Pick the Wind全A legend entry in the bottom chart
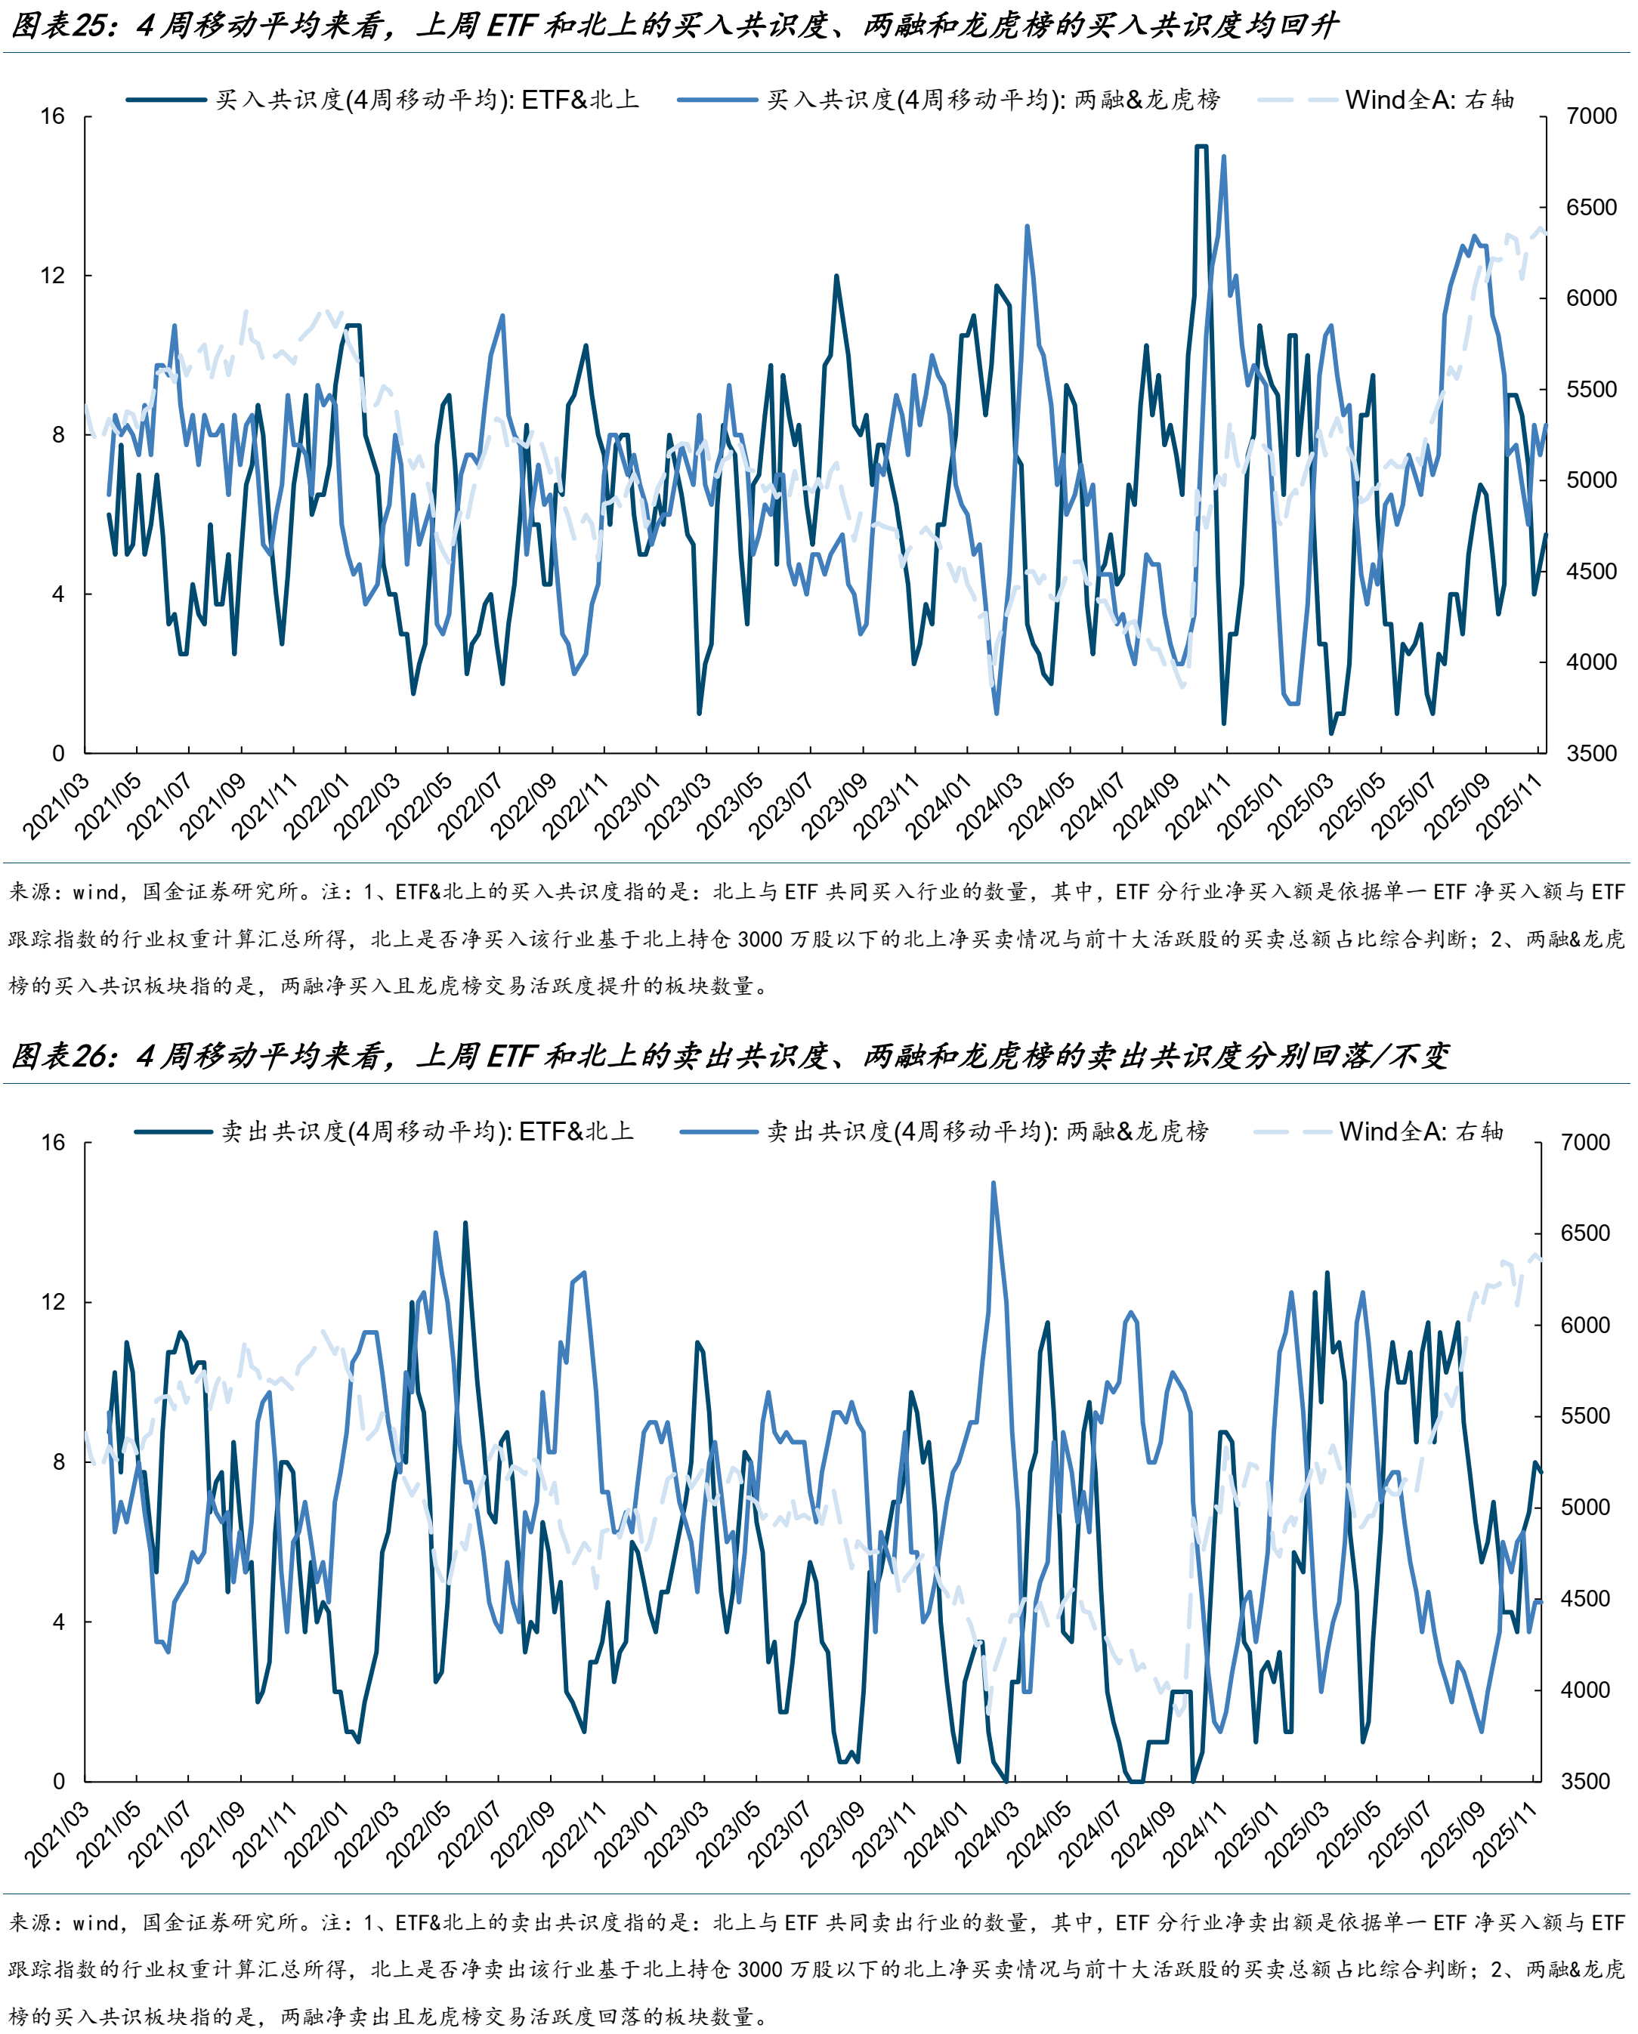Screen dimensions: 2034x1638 1420,1131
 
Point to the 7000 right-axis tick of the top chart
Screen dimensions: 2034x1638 1591,117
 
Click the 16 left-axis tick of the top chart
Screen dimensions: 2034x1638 53,117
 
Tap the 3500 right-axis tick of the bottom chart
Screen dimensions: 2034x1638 1585,1781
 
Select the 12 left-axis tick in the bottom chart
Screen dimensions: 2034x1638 53,1302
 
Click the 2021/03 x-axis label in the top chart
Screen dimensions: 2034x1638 57,807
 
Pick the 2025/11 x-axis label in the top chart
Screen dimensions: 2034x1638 1510,807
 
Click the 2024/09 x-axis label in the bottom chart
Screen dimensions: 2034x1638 1144,1835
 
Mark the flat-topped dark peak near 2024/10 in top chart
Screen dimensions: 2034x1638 1201,147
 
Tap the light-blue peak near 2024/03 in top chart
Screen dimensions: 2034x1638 1027,227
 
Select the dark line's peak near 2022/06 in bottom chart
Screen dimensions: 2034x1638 464,1224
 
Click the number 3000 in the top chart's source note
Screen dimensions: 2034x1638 759,940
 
